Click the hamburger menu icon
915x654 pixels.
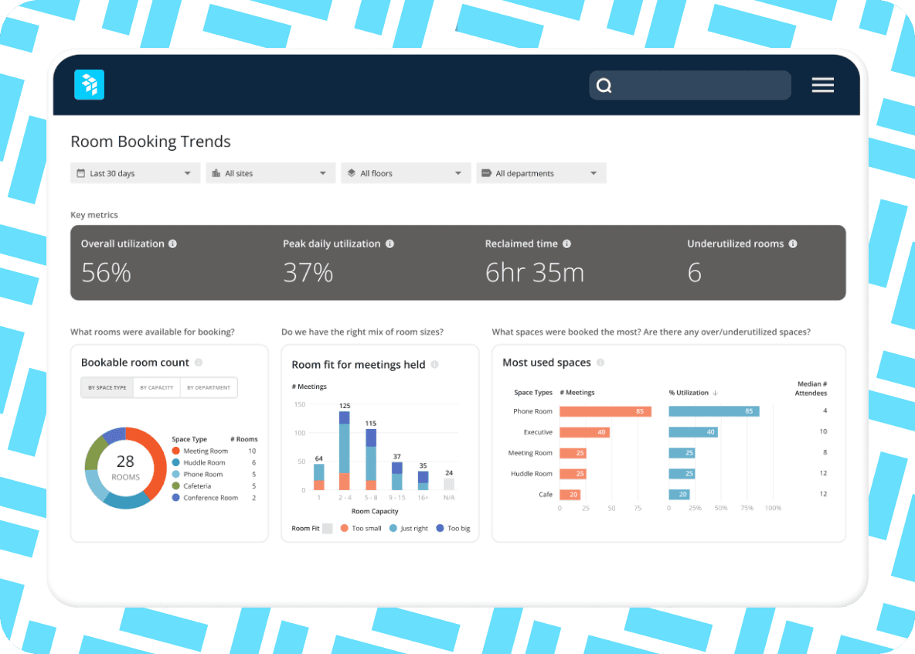click(x=822, y=85)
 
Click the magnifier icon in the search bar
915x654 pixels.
click(x=604, y=86)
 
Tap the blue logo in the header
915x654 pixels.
click(x=89, y=85)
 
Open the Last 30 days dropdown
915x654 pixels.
click(x=135, y=173)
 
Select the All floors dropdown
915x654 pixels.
click(x=406, y=173)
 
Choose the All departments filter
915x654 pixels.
click(x=541, y=173)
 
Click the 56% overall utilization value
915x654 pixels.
click(x=106, y=272)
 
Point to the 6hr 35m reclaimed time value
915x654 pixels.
click(x=534, y=272)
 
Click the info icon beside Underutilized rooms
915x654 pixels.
click(x=793, y=244)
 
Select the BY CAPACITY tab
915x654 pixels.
click(x=156, y=387)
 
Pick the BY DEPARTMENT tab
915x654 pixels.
click(x=209, y=387)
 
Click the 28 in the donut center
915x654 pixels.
click(x=125, y=462)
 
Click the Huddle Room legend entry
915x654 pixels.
click(x=204, y=462)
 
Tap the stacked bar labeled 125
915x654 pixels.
click(x=345, y=451)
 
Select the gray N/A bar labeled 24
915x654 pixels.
click(x=449, y=484)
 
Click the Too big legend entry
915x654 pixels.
click(x=453, y=528)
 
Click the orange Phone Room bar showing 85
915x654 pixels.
click(x=605, y=411)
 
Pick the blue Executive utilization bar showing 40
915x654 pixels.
click(x=693, y=432)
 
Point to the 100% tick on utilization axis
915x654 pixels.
click(x=773, y=508)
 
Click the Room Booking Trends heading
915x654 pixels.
click(x=151, y=141)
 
